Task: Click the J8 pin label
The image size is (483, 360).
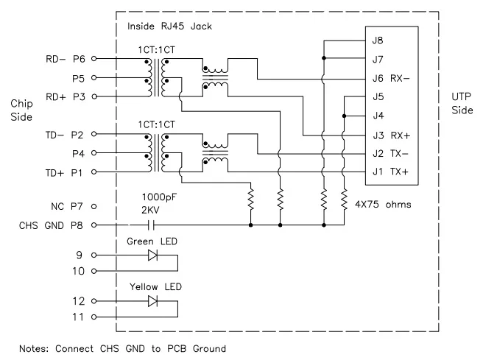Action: click(378, 40)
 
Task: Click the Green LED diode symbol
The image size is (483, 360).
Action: click(152, 255)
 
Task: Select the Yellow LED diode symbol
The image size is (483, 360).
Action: click(152, 301)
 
